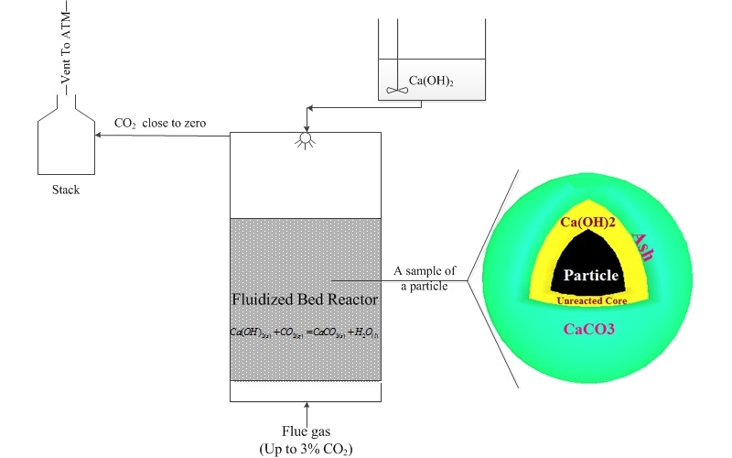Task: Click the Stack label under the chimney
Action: coord(66,190)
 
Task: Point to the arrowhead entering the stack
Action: coord(101,136)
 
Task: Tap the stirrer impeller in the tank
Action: coord(395,90)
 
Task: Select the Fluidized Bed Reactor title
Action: coord(305,299)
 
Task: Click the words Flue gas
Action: coord(305,433)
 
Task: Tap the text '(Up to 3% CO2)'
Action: coord(305,449)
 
